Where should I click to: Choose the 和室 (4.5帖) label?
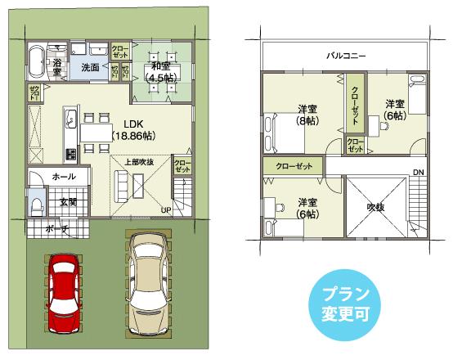click(160, 72)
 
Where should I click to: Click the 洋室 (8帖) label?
click(307, 115)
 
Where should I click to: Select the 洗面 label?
click(90, 68)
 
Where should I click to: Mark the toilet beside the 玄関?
click(38, 203)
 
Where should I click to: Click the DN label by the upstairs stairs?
click(418, 172)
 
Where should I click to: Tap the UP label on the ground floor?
click(166, 210)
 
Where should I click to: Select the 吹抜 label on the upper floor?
click(375, 207)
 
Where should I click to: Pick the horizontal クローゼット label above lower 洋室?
click(294, 166)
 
